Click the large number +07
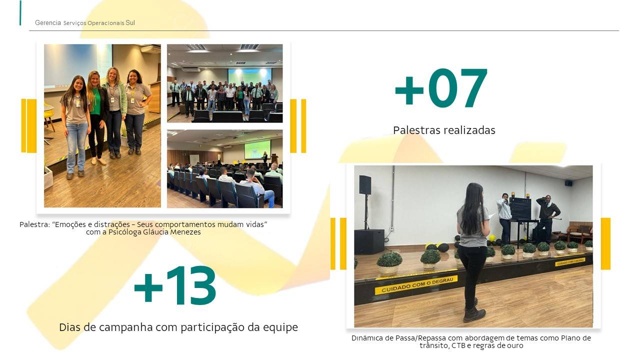pos(441,88)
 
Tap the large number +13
pos(175,285)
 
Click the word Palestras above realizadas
pos(417,130)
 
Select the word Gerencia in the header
pos(47,22)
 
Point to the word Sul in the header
pos(130,22)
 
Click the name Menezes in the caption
pos(185,232)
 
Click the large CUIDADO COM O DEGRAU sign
pos(417,284)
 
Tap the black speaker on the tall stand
pos(365,185)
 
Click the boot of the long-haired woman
pos(474,314)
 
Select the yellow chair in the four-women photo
pos(49,117)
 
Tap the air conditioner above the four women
pos(150,48)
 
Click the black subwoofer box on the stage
pos(369,241)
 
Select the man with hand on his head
pos(547,216)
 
